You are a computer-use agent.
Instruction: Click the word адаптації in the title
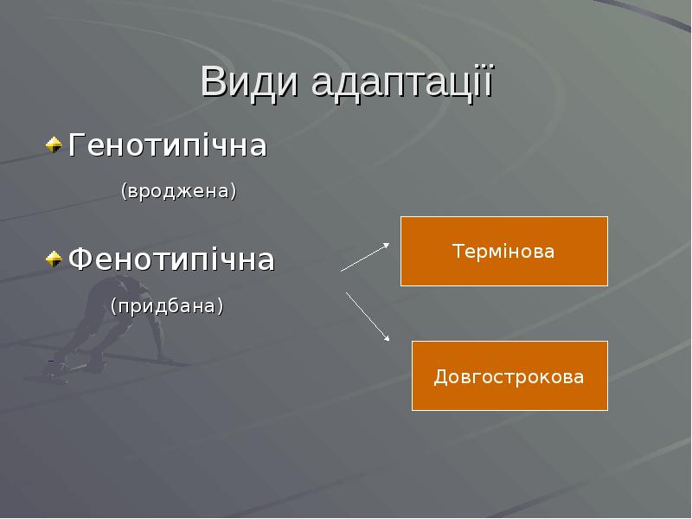tap(400, 85)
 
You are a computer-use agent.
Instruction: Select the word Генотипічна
tap(168, 145)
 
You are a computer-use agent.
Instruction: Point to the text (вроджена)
tap(178, 190)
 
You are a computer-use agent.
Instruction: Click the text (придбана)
tap(166, 305)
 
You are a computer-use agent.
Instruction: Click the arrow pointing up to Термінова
tap(365, 257)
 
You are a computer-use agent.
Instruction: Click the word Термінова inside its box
tap(503, 252)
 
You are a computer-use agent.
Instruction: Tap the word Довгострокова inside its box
tap(509, 377)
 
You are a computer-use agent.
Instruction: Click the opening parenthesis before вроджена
tap(123, 190)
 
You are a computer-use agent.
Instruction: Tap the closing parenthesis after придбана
tap(220, 305)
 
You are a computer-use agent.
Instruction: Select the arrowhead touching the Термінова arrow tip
tap(386, 246)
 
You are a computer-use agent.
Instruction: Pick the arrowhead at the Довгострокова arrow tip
tap(388, 339)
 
